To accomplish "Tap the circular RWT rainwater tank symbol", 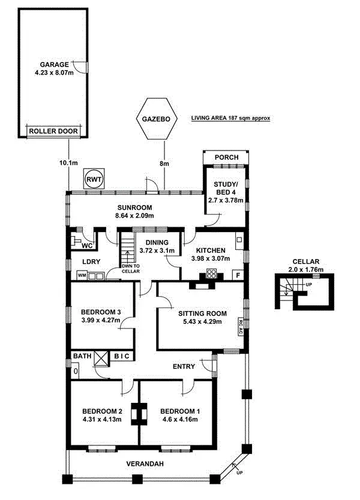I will pyautogui.click(x=94, y=179).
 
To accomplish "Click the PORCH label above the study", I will pyautogui.click(x=226, y=158).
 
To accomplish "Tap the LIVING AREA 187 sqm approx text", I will pyautogui.click(x=230, y=119).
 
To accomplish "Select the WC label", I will pyautogui.click(x=86, y=246).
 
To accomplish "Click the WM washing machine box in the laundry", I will pyautogui.click(x=82, y=276).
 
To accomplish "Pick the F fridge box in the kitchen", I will pyautogui.click(x=238, y=275).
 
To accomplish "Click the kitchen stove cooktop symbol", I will pyautogui.click(x=211, y=274).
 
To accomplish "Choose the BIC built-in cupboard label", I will pyautogui.click(x=122, y=357).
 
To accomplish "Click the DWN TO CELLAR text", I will pyautogui.click(x=130, y=269).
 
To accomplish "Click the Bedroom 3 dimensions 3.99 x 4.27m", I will pyautogui.click(x=101, y=321).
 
